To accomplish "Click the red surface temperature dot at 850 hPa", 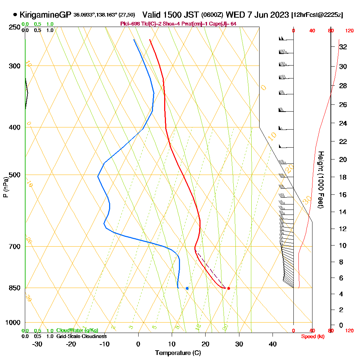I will point(229,288).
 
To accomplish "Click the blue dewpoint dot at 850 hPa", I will point(187,288).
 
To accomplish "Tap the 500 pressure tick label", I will point(14,175).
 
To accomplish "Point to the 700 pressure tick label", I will point(14,247).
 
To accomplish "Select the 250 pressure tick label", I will point(14,27).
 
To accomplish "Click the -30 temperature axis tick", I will point(37,344).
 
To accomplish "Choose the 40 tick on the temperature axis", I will point(273,344).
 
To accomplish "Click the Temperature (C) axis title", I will point(178,353).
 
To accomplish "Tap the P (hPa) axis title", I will point(5,187).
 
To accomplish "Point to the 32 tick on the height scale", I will point(343,47).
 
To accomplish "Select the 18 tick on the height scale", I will point(343,177).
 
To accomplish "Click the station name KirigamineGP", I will point(45,15).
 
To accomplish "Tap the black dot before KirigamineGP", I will point(15,15).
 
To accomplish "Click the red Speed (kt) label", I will point(312,336).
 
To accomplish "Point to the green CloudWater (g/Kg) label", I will point(77,330).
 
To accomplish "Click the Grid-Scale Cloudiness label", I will point(81,336).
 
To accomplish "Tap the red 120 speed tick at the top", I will point(349,31).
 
